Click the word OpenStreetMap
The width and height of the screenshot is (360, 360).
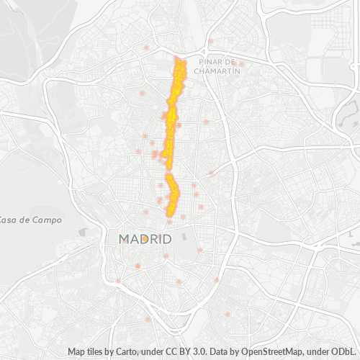click(274, 351)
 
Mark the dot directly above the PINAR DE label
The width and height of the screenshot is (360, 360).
click(210, 41)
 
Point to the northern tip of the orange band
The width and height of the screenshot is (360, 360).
click(180, 57)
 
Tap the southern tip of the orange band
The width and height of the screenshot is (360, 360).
click(171, 215)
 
